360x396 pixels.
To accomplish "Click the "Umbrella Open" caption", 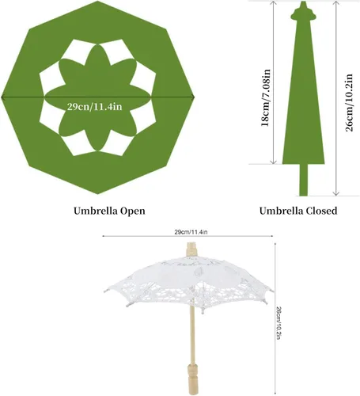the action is click(109, 211).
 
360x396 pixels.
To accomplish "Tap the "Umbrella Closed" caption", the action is click(298, 211).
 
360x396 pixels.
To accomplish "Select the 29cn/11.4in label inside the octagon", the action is click(94, 107).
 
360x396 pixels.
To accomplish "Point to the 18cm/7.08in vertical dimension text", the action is click(266, 98).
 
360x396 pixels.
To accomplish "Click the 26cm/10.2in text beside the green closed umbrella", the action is click(349, 103).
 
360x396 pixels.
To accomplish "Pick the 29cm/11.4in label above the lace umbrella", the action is click(191, 232).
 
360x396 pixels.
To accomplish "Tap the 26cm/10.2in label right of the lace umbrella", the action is click(280, 322).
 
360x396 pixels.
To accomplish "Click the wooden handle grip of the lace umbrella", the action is click(192, 379).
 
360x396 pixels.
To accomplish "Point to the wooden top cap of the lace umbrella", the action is click(191, 249).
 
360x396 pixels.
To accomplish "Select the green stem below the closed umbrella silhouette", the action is click(304, 180).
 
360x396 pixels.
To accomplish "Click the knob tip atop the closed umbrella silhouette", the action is click(303, 2).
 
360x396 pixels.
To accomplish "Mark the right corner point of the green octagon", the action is click(195, 97).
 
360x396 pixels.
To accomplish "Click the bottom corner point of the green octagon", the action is click(98, 194).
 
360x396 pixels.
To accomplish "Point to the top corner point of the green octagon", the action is click(98, 1).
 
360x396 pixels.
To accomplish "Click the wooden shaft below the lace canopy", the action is click(192, 334).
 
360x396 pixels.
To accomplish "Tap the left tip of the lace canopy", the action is click(105, 290).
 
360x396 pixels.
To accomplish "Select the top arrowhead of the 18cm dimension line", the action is click(274, 3).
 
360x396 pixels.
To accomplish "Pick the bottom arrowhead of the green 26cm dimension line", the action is click(336, 193).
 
